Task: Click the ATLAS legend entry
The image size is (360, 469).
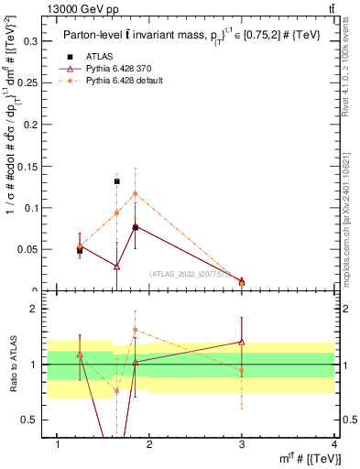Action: point(98,57)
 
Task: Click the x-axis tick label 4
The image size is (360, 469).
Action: point(334,445)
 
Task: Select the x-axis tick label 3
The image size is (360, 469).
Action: point(242,445)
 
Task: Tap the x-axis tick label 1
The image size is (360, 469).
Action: point(59,445)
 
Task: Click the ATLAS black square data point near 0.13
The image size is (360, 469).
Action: point(116,181)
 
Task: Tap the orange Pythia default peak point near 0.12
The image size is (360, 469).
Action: point(135,193)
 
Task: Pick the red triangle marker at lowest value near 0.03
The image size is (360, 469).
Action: point(116,267)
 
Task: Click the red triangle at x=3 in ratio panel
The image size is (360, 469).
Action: point(242,342)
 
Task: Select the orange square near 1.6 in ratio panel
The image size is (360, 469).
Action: point(135,330)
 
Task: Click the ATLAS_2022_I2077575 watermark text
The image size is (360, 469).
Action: point(191,273)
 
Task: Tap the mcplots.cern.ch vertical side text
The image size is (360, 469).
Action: point(352,220)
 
